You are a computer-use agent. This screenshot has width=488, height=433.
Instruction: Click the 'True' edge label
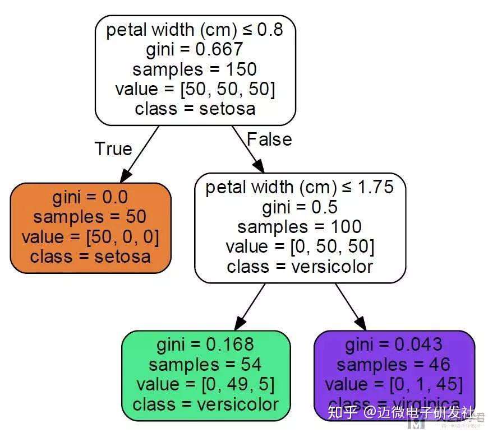(x=113, y=149)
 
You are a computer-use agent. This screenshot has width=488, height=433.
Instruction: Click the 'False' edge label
(x=269, y=139)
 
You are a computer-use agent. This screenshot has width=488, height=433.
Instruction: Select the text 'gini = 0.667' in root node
(x=195, y=50)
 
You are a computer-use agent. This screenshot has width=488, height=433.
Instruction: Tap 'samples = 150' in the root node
(x=195, y=69)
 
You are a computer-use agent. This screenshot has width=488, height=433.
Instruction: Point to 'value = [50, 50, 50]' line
(x=195, y=89)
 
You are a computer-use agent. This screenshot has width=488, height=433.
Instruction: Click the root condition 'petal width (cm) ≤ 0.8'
(x=195, y=30)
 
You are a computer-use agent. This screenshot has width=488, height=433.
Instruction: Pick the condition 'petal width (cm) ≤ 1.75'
(x=300, y=188)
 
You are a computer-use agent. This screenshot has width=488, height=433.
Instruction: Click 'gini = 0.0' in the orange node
(x=90, y=197)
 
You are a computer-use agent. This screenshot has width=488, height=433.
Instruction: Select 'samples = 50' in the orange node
(x=90, y=217)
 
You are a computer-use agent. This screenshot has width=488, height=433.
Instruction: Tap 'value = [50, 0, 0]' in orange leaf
(x=90, y=236)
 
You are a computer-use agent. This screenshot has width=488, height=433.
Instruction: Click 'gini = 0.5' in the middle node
(x=300, y=207)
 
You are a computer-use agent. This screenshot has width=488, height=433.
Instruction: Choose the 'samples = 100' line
(x=300, y=227)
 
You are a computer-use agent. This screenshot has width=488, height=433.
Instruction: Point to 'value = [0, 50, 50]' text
(x=300, y=246)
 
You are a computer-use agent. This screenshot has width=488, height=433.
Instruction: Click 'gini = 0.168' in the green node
(x=205, y=344)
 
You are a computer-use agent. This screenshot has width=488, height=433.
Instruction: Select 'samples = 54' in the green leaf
(x=205, y=365)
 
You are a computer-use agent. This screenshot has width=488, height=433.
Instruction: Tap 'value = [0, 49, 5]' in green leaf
(x=205, y=384)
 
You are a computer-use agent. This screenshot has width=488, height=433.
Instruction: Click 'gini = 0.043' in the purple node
(x=394, y=344)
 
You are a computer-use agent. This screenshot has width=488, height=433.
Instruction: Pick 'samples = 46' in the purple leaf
(x=394, y=365)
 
